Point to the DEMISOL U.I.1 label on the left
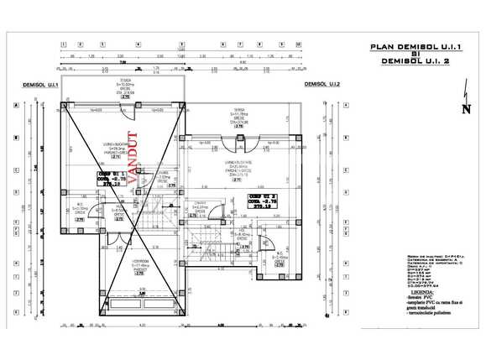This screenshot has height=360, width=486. point(39,85)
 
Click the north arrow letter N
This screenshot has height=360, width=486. point(465,108)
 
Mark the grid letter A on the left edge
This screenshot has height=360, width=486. point(16,105)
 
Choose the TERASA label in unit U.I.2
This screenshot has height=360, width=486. point(240,112)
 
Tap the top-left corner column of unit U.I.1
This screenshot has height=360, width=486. point(64,105)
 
